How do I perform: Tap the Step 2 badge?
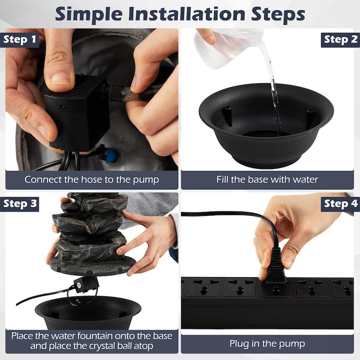[340, 40]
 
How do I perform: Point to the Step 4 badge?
[340, 203]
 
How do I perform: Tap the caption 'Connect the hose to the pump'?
[92, 180]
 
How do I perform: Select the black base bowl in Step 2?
[265, 126]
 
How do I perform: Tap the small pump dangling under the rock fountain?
[85, 284]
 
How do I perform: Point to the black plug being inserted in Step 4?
[275, 270]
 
